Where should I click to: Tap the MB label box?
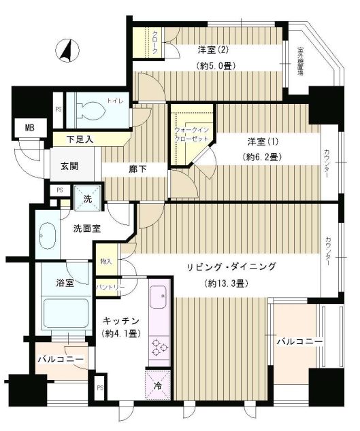[30, 127]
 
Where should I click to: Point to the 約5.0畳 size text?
[214, 66]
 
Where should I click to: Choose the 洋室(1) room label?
[261, 141]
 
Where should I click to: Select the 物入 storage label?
[105, 261]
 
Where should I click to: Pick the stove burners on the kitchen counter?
[158, 348]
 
